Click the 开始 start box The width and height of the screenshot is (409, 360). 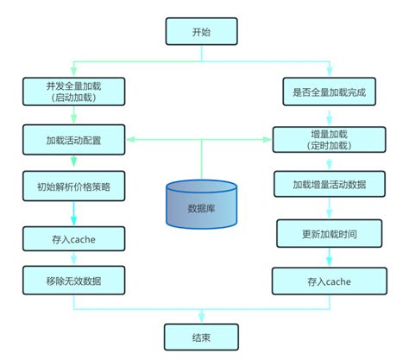(201, 32)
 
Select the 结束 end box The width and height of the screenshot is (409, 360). (201, 336)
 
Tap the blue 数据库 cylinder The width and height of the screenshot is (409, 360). (202, 205)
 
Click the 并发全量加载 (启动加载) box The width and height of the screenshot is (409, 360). (75, 91)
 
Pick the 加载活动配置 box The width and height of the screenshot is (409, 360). (75, 137)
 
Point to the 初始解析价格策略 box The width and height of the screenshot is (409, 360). (75, 185)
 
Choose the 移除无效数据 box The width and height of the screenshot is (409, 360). (75, 278)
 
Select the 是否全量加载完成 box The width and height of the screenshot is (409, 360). (329, 91)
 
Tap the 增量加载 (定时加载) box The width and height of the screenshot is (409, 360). (329, 138)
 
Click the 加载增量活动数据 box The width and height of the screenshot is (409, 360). (329, 185)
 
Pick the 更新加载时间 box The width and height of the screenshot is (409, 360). (329, 232)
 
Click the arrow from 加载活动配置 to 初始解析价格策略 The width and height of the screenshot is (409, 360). (75, 161)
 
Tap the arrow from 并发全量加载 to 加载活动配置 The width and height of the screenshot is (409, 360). (75, 114)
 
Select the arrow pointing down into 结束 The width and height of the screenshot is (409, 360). (201, 316)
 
